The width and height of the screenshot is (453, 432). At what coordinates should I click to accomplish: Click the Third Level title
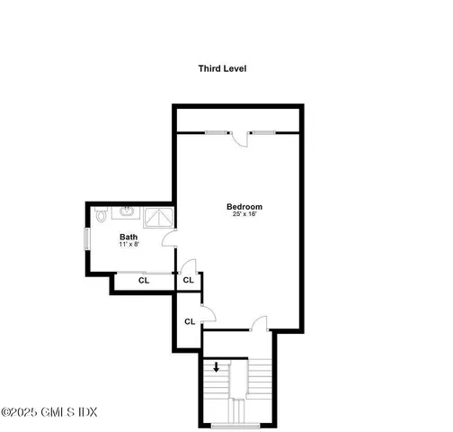pyautogui.click(x=222, y=68)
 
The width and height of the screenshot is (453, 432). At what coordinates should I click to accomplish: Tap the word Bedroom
pyautogui.click(x=244, y=207)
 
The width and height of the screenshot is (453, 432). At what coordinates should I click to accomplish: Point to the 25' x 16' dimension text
pyautogui.click(x=244, y=216)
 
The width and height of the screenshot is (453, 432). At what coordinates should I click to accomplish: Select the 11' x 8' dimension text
pyautogui.click(x=129, y=245)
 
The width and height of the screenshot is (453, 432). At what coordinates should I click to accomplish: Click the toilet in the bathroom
pyautogui.click(x=101, y=215)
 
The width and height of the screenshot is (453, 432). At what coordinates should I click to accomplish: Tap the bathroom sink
pyautogui.click(x=127, y=214)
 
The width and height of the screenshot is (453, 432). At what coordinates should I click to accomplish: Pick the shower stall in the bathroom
pyautogui.click(x=158, y=217)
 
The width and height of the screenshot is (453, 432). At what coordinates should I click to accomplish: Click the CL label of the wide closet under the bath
pyautogui.click(x=143, y=281)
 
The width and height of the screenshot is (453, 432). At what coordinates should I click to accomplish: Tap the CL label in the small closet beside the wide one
pyautogui.click(x=188, y=281)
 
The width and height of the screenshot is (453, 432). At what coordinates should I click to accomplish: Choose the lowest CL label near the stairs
pyautogui.click(x=190, y=321)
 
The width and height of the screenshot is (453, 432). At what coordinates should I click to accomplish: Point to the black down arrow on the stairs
pyautogui.click(x=217, y=367)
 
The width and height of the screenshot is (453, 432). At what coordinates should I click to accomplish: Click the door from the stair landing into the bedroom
pyautogui.click(x=259, y=324)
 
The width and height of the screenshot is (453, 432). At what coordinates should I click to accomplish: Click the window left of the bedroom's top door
pyautogui.click(x=218, y=132)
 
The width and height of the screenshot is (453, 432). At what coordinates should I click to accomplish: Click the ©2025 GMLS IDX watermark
pyautogui.click(x=49, y=412)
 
